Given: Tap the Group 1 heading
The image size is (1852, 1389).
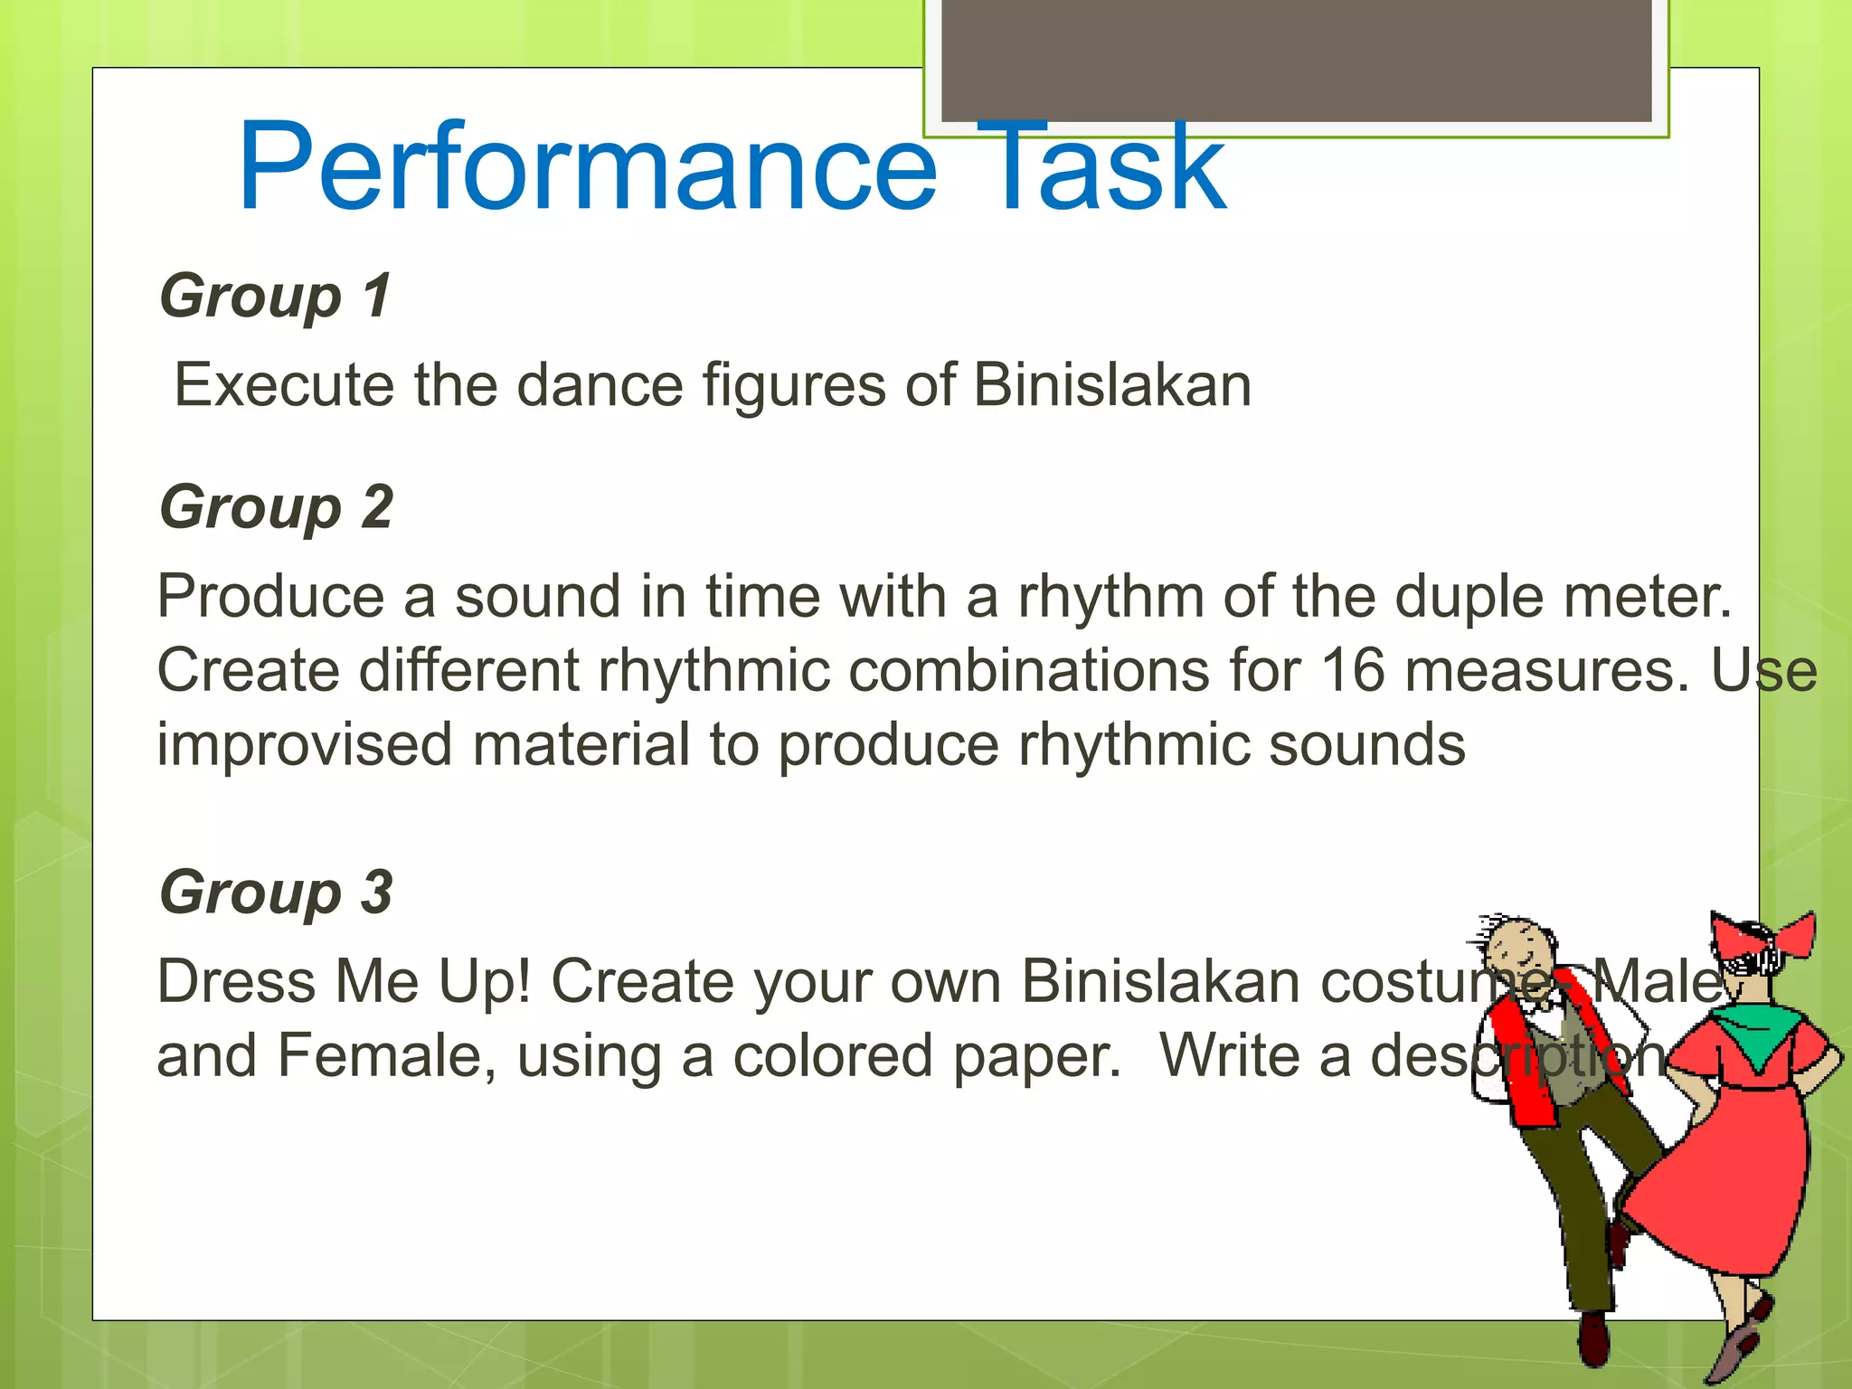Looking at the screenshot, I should (x=276, y=296).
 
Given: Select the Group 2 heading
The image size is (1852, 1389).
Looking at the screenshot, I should (x=276, y=506).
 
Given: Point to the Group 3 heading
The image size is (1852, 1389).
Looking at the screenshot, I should (x=276, y=892).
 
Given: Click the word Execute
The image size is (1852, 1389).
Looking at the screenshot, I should (x=284, y=385).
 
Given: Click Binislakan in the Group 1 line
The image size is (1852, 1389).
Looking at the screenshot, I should (x=1112, y=385).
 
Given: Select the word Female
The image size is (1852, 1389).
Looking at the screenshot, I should (x=386, y=1056).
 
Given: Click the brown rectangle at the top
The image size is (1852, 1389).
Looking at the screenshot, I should (x=1297, y=59).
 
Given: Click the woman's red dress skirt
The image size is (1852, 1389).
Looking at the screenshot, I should (x=1718, y=1185).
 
